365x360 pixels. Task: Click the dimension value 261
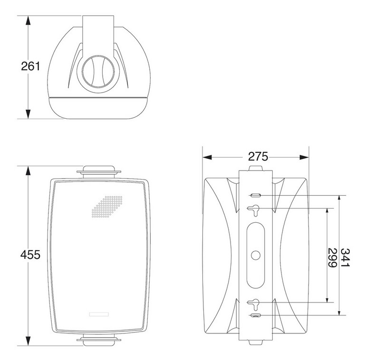tap(30, 66)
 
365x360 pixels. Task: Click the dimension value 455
tap(30, 255)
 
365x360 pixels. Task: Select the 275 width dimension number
tap(258, 157)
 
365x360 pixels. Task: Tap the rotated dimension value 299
tap(332, 258)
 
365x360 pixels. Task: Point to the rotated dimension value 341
tap(346, 258)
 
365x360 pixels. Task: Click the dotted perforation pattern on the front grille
tap(107, 207)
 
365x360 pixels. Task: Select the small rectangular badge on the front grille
tap(99, 314)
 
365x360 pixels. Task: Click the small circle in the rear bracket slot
tap(256, 256)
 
